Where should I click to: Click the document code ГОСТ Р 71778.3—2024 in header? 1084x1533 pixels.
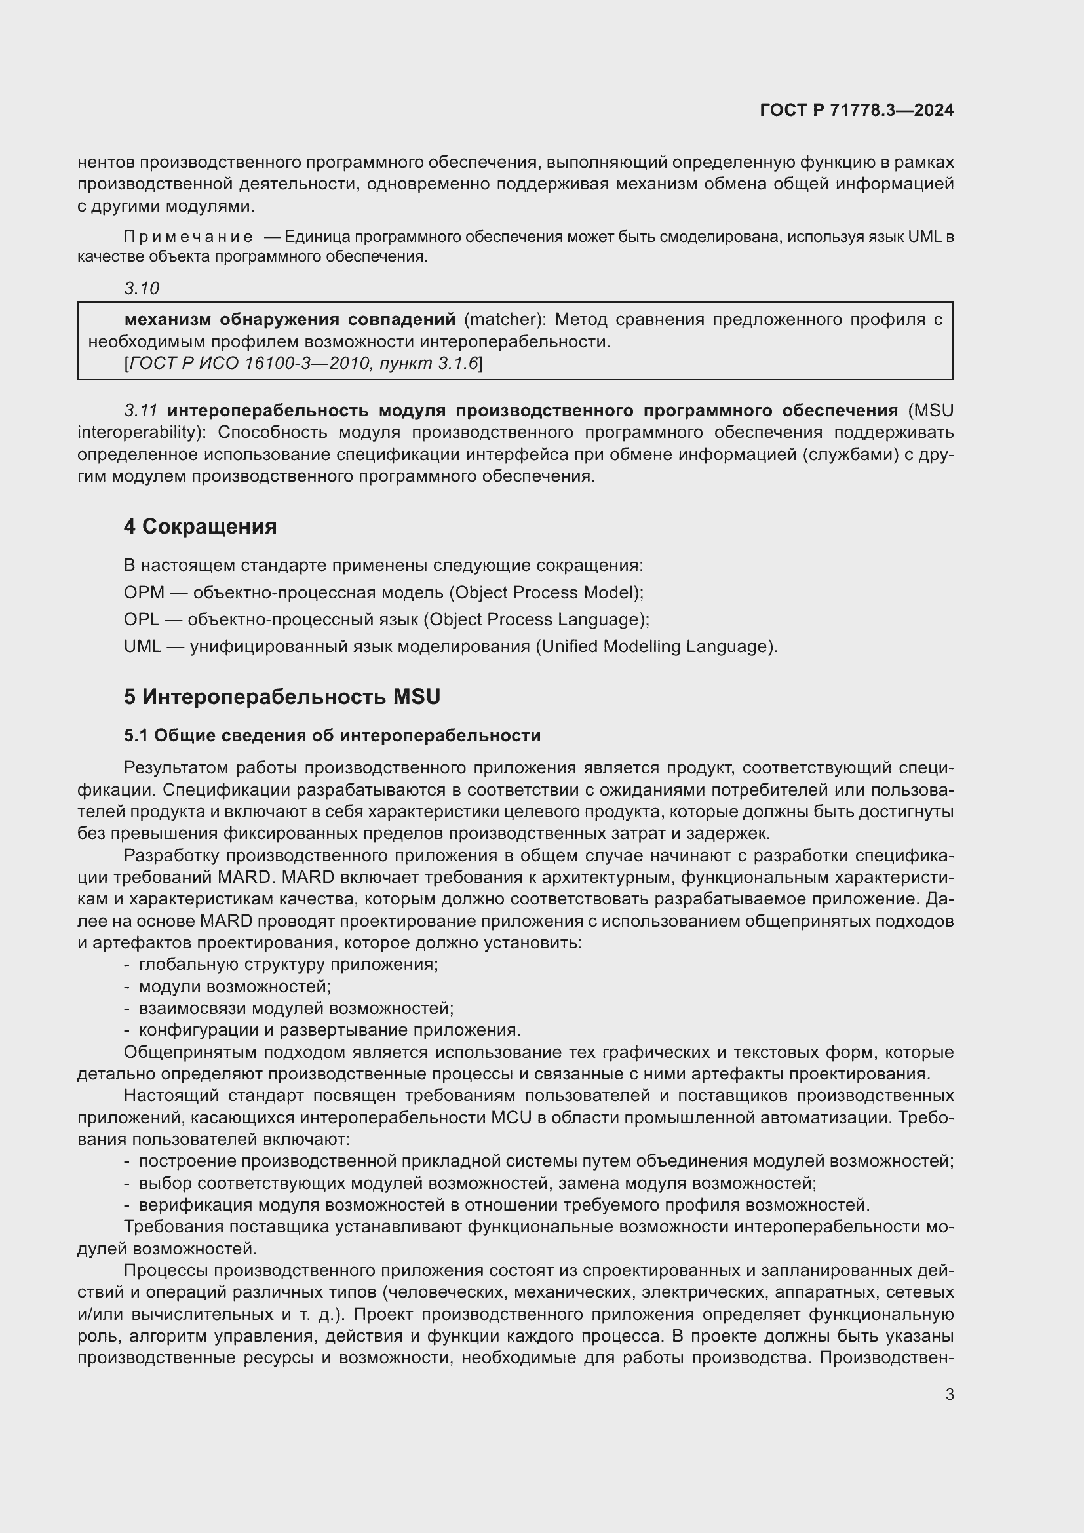(857, 110)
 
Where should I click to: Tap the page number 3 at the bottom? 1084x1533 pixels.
(949, 1395)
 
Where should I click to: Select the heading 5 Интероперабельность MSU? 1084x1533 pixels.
(282, 697)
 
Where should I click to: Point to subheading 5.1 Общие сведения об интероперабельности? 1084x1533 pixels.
(332, 736)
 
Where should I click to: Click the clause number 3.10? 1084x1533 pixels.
(142, 288)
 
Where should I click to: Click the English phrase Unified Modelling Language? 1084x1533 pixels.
(653, 646)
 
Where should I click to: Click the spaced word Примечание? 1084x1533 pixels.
(188, 237)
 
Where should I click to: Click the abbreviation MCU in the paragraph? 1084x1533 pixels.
(511, 1117)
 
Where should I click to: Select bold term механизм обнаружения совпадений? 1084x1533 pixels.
(290, 320)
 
